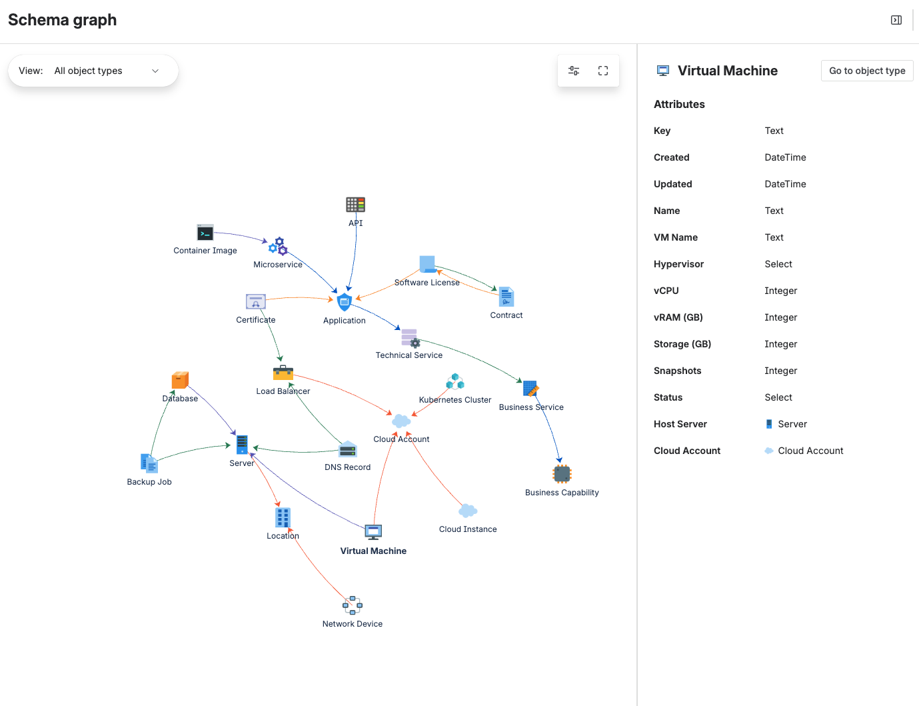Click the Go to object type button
pyautogui.click(x=867, y=71)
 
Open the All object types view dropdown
pyautogui.click(x=93, y=71)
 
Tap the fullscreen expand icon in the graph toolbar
pyautogui.click(x=603, y=71)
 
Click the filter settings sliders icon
pyautogui.click(x=574, y=71)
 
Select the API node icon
pyautogui.click(x=355, y=205)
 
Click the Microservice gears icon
pyautogui.click(x=278, y=246)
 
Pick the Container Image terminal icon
pyautogui.click(x=205, y=233)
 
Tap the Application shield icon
pyautogui.click(x=345, y=302)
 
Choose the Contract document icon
pyautogui.click(x=506, y=297)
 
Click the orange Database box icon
pyautogui.click(x=180, y=380)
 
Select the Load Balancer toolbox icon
pyautogui.click(x=283, y=373)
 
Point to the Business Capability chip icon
pyautogui.click(x=562, y=474)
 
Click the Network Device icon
pyautogui.click(x=353, y=605)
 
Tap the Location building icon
pyautogui.click(x=283, y=517)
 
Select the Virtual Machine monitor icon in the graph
pyautogui.click(x=373, y=532)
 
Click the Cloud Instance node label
pyautogui.click(x=468, y=529)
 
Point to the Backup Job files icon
pyautogui.click(x=149, y=463)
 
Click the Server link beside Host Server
pyautogui.click(x=792, y=424)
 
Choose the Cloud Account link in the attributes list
pyautogui.click(x=810, y=451)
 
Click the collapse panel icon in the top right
pyautogui.click(x=896, y=20)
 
